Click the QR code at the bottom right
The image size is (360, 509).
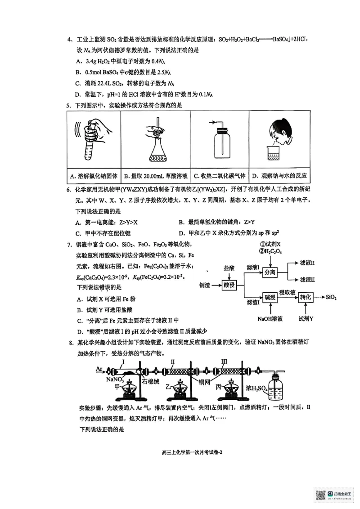321,495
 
